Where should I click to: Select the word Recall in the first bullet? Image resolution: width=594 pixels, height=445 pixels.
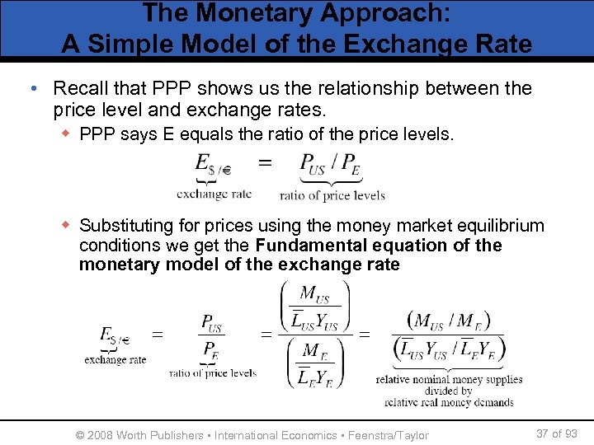coord(80,88)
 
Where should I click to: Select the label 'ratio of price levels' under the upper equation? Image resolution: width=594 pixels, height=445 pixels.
coord(332,195)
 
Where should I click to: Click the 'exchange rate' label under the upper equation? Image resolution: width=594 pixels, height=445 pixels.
coord(214,194)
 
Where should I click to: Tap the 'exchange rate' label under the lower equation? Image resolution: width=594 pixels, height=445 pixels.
coord(115,359)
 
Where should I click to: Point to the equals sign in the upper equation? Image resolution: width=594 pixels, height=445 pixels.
coord(265,162)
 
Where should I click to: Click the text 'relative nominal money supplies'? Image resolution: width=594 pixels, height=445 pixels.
coord(449,379)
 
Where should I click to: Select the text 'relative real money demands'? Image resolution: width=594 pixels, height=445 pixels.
coord(449,402)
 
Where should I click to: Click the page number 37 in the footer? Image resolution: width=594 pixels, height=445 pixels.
coord(543,433)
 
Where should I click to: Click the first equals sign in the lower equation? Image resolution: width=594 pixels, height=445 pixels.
coord(157,335)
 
